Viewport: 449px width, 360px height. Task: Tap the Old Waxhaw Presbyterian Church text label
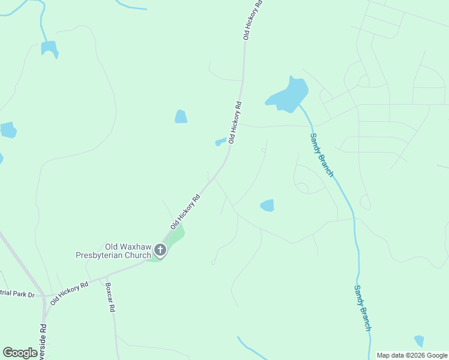(x=112, y=251)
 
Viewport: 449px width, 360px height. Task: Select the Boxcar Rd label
(x=110, y=298)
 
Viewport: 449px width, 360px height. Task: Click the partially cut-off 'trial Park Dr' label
(x=18, y=295)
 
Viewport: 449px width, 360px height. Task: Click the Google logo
(x=20, y=353)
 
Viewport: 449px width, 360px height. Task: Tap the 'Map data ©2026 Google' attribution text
(x=412, y=355)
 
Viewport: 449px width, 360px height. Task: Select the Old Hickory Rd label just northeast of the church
(x=185, y=211)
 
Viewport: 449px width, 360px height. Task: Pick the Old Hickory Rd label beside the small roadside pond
(x=235, y=124)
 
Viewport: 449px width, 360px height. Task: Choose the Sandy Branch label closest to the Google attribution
(x=362, y=307)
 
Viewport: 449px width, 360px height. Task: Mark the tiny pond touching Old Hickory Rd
(x=221, y=142)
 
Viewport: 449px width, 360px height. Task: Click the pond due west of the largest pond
(x=181, y=116)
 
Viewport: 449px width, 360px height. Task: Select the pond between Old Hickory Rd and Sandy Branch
(x=267, y=206)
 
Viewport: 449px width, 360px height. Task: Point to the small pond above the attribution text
(x=419, y=341)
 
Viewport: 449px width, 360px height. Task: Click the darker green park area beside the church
(x=174, y=239)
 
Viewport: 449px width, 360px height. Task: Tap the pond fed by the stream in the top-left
(x=49, y=48)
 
